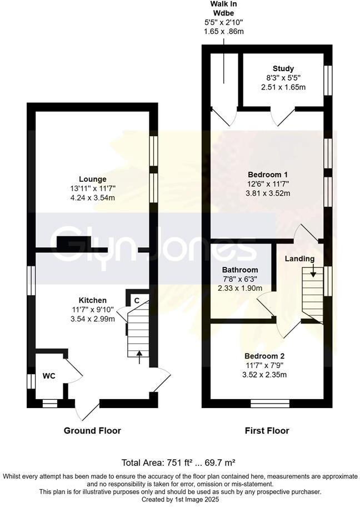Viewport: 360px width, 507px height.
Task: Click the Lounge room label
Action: tap(93, 179)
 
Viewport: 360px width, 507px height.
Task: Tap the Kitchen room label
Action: tap(92, 300)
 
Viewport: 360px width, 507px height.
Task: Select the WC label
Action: tap(49, 376)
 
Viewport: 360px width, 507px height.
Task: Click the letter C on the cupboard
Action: tap(136, 300)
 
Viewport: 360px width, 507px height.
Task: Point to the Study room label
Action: tap(283, 69)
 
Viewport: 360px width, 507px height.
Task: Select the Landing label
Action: tap(299, 259)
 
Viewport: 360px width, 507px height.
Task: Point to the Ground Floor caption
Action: tap(92, 430)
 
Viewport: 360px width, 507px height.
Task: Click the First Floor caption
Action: tap(267, 430)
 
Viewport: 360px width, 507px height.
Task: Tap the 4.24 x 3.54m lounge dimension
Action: tap(93, 198)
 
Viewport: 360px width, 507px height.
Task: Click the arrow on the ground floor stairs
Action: tap(139, 355)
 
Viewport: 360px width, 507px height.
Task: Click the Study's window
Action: tap(328, 78)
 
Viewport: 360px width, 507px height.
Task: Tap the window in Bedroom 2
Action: tap(270, 403)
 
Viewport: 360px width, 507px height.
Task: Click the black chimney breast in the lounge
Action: tap(74, 243)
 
